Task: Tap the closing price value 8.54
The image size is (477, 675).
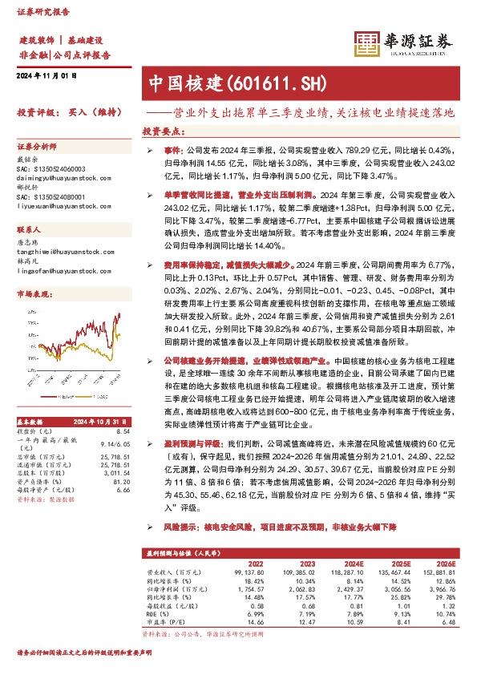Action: point(123,431)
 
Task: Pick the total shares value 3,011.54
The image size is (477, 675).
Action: point(116,473)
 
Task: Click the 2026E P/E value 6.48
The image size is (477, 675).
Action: point(448,620)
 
